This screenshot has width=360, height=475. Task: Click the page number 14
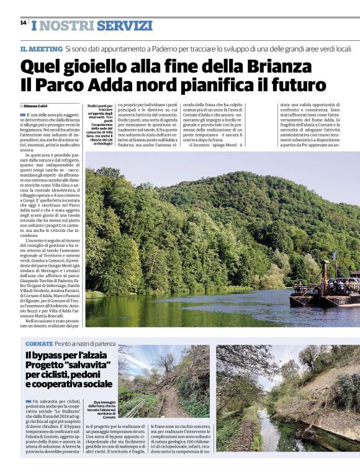click(23, 23)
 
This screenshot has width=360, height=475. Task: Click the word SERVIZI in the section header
click(125, 26)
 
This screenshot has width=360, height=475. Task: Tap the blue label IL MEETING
click(41, 48)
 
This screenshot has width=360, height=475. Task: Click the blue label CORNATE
click(38, 344)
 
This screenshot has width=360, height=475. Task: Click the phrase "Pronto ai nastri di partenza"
click(84, 344)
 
